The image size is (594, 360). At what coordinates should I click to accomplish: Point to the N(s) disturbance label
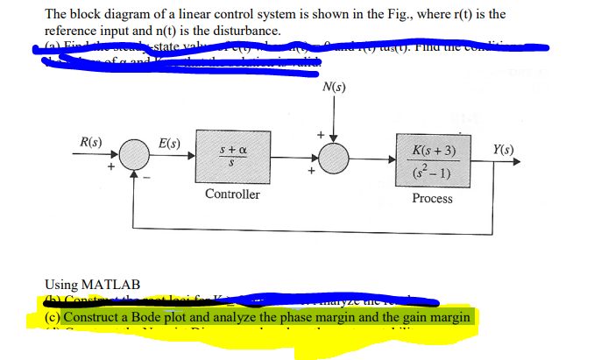(x=334, y=87)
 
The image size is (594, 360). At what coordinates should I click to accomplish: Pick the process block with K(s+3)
(x=432, y=160)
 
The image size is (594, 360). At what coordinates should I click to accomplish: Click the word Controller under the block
(x=232, y=194)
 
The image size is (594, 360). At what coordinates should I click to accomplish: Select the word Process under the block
(x=432, y=199)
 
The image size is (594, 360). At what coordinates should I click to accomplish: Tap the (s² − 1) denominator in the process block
(x=432, y=171)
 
